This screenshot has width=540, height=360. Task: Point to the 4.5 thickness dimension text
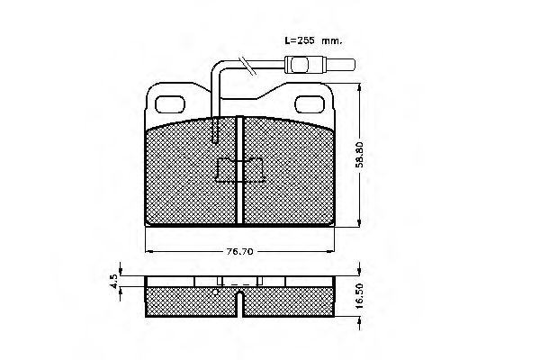click(114, 279)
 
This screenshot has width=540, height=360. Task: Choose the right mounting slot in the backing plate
click(310, 98)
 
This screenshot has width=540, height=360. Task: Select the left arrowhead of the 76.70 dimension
click(149, 248)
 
